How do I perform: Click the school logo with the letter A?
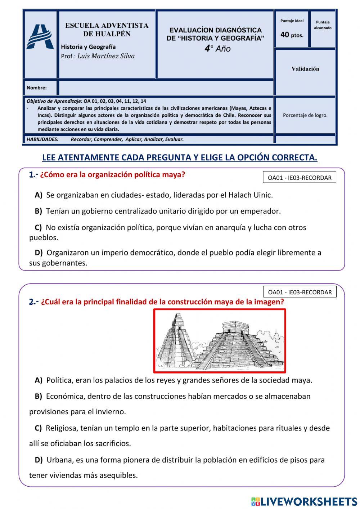pyautogui.click(x=40, y=37)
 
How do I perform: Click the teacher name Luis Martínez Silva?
pyautogui.click(x=106, y=56)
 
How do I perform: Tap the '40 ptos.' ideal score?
pyautogui.click(x=292, y=35)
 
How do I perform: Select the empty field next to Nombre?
pyautogui.click(x=166, y=88)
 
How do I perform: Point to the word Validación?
pyautogui.click(x=305, y=69)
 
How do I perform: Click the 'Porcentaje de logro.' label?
pyautogui.click(x=305, y=115)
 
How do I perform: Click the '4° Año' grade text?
pyautogui.click(x=217, y=49)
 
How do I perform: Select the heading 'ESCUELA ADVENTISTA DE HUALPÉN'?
pyautogui.click(x=107, y=30)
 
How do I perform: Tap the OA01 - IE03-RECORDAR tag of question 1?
pyautogui.click(x=300, y=178)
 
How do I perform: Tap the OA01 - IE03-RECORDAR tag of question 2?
pyautogui.click(x=300, y=292)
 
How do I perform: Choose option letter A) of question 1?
pyautogui.click(x=39, y=195)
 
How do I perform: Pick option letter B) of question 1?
pyautogui.click(x=39, y=211)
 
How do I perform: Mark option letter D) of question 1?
pyautogui.click(x=39, y=253)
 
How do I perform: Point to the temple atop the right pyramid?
pyautogui.click(x=235, y=327)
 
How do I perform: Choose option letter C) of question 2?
pyautogui.click(x=38, y=428)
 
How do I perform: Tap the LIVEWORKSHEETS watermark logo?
pyautogui.click(x=304, y=501)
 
